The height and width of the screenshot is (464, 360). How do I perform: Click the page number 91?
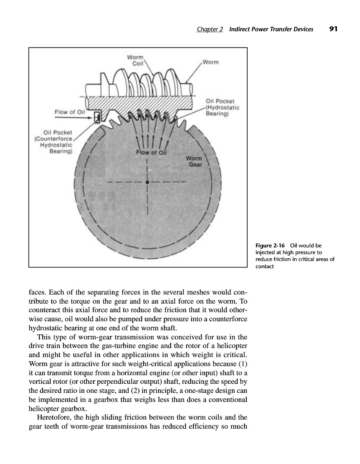pyautogui.click(x=334, y=29)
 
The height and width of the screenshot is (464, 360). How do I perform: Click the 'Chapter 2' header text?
pyautogui.click(x=210, y=29)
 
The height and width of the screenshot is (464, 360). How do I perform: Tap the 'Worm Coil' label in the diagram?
pyautogui.click(x=135, y=60)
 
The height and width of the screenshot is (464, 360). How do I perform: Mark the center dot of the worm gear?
pyautogui.click(x=148, y=183)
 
